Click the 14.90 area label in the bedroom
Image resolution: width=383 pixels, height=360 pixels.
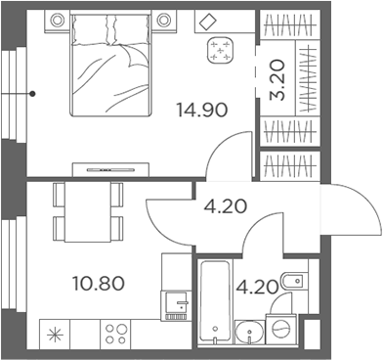(201, 110)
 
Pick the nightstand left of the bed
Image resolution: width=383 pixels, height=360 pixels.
(57, 20)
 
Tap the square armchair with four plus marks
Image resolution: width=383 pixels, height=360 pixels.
(222, 51)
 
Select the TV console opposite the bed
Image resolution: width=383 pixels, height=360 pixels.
(117, 169)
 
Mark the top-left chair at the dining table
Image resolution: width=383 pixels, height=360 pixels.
(59, 195)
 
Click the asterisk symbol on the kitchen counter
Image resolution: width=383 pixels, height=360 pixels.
(55, 334)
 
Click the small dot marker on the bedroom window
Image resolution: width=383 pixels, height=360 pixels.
(33, 94)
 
